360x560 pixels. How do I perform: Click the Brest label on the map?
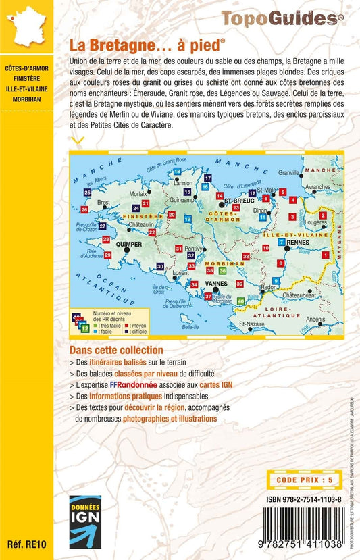(x=103, y=202)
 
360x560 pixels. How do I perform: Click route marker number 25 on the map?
(x=87, y=193)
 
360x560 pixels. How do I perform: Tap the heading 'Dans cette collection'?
(x=116, y=351)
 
